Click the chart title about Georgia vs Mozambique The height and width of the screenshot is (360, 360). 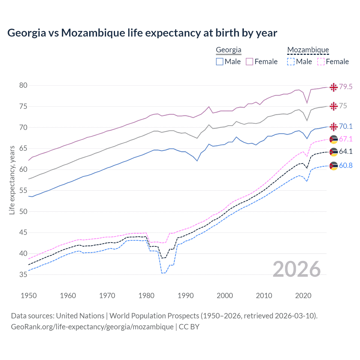coord(142,33)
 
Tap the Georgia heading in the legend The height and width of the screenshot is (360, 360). coord(228,50)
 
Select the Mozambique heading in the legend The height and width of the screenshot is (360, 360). coord(308,50)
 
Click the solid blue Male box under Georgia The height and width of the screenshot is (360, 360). coord(220,62)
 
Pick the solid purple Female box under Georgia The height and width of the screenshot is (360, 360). coord(249,62)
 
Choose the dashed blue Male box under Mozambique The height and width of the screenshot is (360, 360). coord(291,62)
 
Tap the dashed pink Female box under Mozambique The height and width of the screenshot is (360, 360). coord(321,62)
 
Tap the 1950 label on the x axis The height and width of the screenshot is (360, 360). coord(29,296)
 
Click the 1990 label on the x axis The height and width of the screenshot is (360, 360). coord(186,296)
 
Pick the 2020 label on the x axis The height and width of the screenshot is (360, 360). coord(303,296)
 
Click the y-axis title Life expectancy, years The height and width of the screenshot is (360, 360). coord(12,180)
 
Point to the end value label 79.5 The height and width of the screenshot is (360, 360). coord(346,87)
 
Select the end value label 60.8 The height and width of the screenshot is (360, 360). coord(346,165)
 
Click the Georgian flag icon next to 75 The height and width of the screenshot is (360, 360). coord(334,106)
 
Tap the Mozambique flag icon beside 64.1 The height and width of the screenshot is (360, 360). coord(334,152)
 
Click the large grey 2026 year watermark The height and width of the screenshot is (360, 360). coord(296,269)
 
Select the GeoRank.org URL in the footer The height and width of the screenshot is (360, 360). coord(92,327)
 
